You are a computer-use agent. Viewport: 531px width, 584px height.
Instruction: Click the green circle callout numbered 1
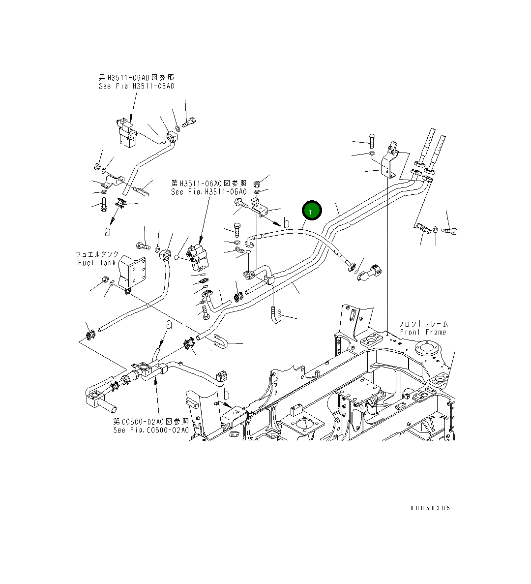pyautogui.click(x=311, y=211)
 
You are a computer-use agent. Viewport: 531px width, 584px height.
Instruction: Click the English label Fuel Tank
pyautogui.click(x=97, y=263)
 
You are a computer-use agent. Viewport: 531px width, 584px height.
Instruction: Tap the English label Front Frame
pyautogui.click(x=423, y=333)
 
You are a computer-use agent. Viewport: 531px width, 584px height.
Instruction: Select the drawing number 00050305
pyautogui.click(x=430, y=508)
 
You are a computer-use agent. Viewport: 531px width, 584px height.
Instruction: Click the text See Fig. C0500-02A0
pyautogui.click(x=150, y=430)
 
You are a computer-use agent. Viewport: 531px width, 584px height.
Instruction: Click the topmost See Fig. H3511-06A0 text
pyautogui.click(x=136, y=86)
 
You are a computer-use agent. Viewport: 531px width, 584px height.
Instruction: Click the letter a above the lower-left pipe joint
pyautogui.click(x=169, y=325)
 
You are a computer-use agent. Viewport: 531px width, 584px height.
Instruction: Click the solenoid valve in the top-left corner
pyautogui.click(x=128, y=133)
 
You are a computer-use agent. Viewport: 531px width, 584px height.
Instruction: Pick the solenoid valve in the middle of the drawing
pyautogui.click(x=199, y=256)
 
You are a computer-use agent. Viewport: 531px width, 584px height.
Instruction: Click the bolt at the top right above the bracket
pyautogui.click(x=371, y=141)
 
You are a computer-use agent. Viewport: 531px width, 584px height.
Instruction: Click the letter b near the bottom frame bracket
pyautogui.click(x=226, y=395)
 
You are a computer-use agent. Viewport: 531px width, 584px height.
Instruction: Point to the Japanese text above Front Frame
pyautogui.click(x=423, y=324)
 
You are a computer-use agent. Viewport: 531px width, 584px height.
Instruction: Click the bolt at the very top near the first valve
pyautogui.click(x=190, y=121)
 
